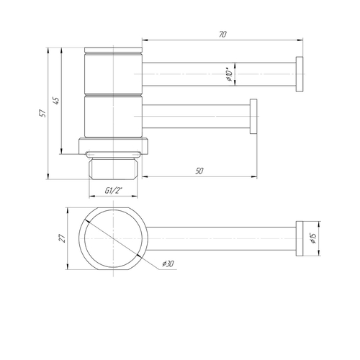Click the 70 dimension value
222,35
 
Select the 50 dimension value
199,171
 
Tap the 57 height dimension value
42,113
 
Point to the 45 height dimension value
55,101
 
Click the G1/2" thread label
113,191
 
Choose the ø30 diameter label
168,264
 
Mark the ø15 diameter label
313,238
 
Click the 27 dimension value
63,238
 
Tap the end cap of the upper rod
300,74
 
